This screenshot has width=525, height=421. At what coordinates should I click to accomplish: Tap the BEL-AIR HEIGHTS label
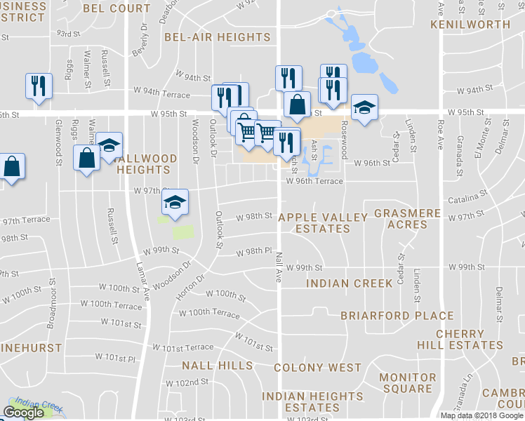217,36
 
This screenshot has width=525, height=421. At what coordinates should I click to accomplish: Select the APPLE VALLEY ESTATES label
323,223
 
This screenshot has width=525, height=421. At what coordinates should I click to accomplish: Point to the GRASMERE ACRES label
407,219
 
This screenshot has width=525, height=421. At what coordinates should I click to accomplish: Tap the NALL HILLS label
217,366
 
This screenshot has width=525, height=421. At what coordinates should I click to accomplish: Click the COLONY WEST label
317,368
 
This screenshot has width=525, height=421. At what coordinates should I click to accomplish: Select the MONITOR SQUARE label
408,383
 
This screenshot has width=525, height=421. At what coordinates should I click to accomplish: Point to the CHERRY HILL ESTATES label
470,340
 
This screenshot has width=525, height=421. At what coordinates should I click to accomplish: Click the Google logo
23,413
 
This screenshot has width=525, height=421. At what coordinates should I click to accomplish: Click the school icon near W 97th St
175,203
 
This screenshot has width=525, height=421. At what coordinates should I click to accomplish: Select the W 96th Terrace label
314,182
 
